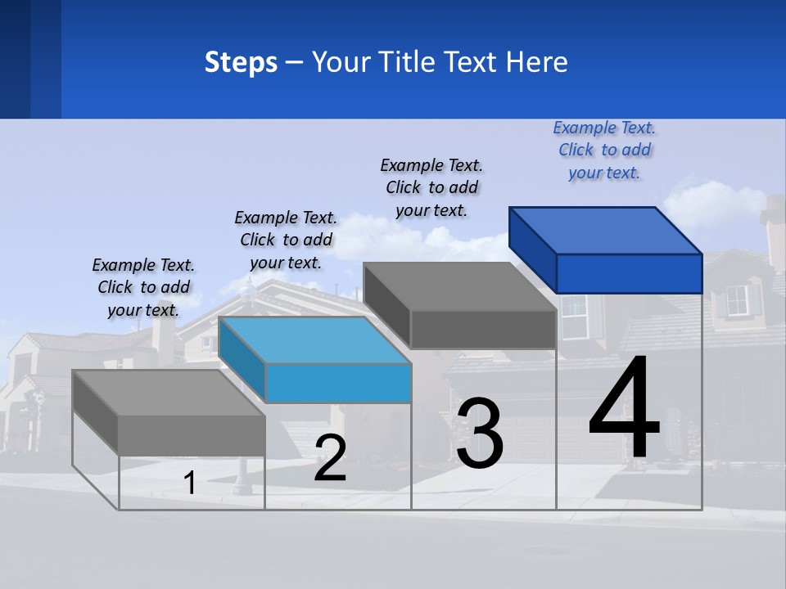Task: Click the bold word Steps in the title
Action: [x=241, y=62]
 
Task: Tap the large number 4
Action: [x=624, y=409]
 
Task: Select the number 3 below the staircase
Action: [x=480, y=434]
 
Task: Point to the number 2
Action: [x=330, y=458]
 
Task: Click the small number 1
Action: [x=190, y=483]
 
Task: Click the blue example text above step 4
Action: [x=604, y=151]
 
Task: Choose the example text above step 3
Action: [x=431, y=187]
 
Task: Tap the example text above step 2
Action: [x=286, y=240]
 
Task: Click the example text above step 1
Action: [x=143, y=287]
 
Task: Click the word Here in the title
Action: [x=537, y=62]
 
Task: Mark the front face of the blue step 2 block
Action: [x=338, y=383]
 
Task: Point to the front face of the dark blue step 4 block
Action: [x=629, y=273]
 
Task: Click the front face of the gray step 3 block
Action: [x=483, y=329]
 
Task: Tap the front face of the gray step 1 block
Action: [x=192, y=435]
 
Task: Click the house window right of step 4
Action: [x=738, y=300]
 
